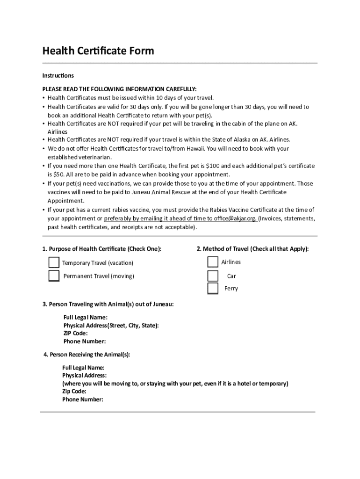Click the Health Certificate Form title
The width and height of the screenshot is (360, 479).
click(98, 51)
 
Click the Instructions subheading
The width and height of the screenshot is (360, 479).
click(58, 75)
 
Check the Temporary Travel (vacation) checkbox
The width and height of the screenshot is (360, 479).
click(54, 262)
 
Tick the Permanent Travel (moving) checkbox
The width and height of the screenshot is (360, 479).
click(54, 276)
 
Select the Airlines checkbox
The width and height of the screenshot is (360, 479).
click(213, 262)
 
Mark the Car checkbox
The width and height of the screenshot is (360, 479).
click(213, 276)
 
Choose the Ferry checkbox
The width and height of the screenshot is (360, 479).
click(213, 288)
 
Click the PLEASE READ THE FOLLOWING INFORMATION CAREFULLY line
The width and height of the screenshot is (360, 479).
click(119, 89)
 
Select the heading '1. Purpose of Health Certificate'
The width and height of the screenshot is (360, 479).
click(101, 249)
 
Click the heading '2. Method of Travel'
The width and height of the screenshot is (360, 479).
click(252, 249)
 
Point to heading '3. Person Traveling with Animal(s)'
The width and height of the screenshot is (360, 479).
click(108, 304)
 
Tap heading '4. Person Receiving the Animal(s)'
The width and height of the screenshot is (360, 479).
click(86, 355)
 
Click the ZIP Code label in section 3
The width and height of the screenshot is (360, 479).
click(75, 334)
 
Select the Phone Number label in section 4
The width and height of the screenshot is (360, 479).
click(82, 399)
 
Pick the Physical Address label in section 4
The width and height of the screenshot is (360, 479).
click(84, 375)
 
